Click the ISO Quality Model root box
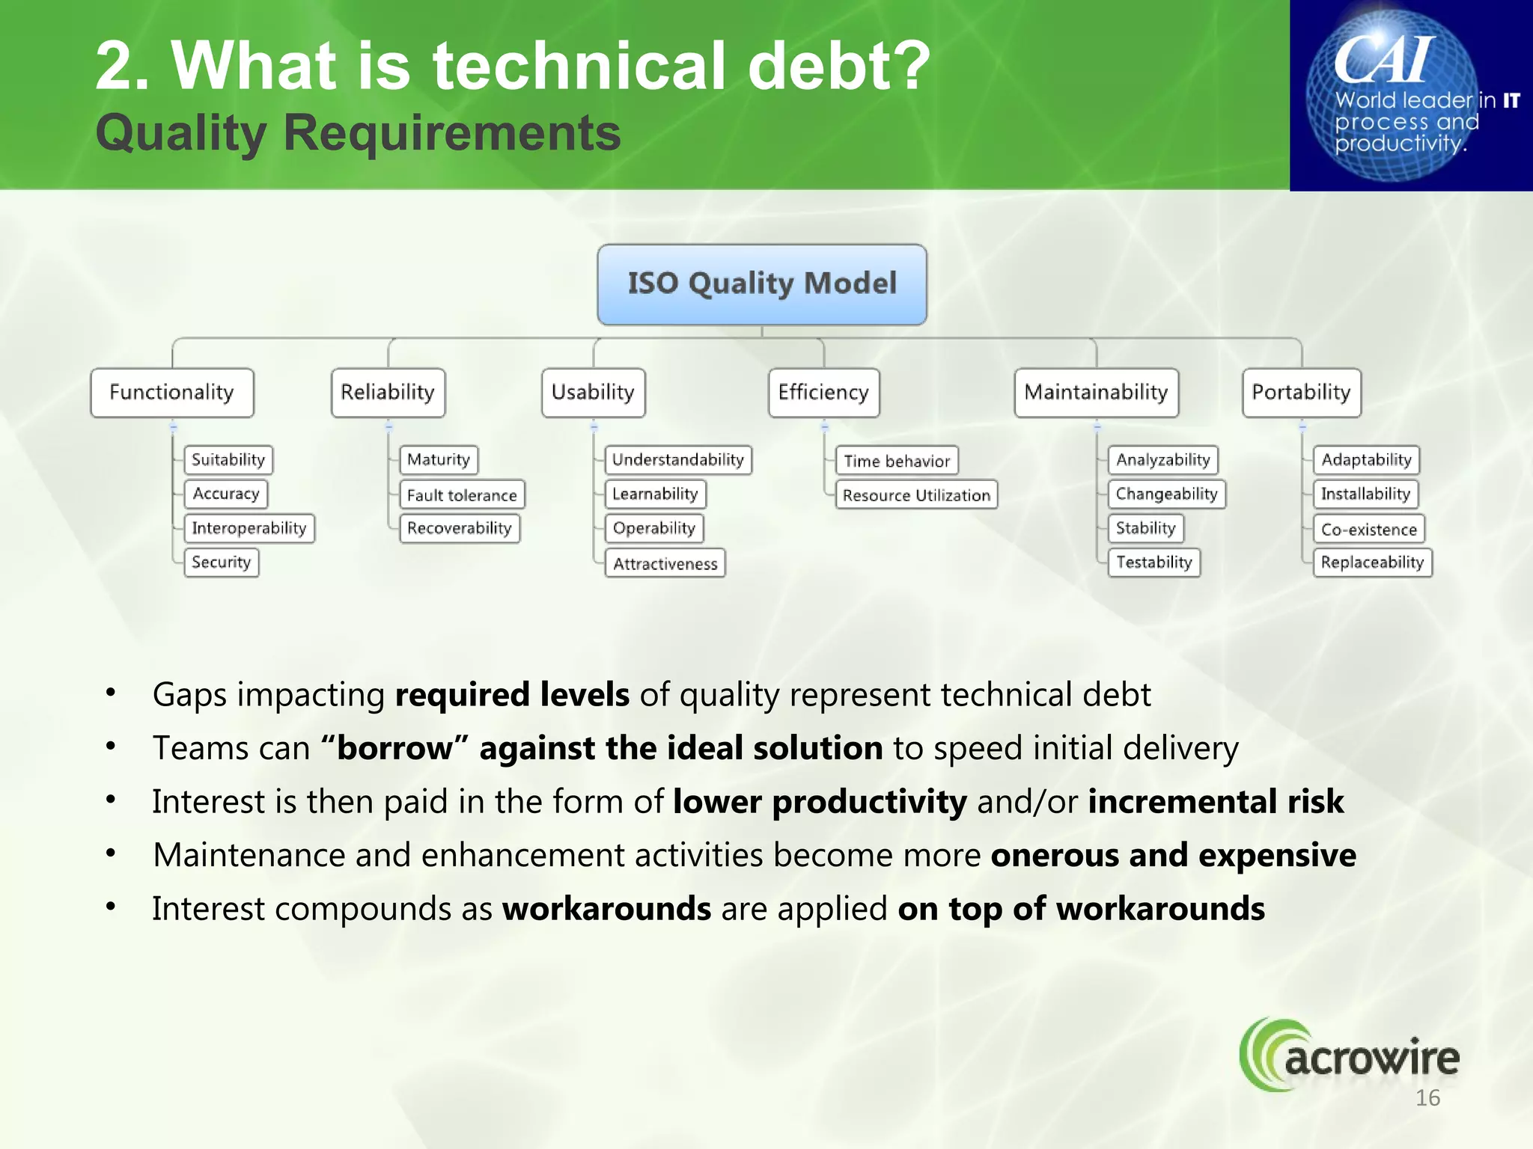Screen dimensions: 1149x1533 [x=761, y=284]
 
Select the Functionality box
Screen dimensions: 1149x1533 [x=172, y=393]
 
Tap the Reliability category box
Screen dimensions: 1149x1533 [x=388, y=393]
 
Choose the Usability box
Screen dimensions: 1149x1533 [x=593, y=393]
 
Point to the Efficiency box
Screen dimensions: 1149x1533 [x=823, y=393]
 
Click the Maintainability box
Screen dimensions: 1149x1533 [x=1096, y=393]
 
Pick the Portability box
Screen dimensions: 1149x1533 [x=1301, y=393]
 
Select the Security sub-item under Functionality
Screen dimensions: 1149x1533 [x=222, y=563]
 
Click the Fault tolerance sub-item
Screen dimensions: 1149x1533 [x=462, y=495]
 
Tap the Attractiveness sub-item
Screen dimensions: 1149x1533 [x=665, y=564]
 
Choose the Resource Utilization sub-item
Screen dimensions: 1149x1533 [x=916, y=495]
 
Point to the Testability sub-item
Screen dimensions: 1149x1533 [x=1153, y=563]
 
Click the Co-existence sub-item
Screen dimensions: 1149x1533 [x=1368, y=530]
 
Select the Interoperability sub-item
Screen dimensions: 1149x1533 [x=249, y=528]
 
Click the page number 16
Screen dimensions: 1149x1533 [x=1427, y=1098]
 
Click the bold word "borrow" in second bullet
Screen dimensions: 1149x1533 [x=394, y=748]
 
